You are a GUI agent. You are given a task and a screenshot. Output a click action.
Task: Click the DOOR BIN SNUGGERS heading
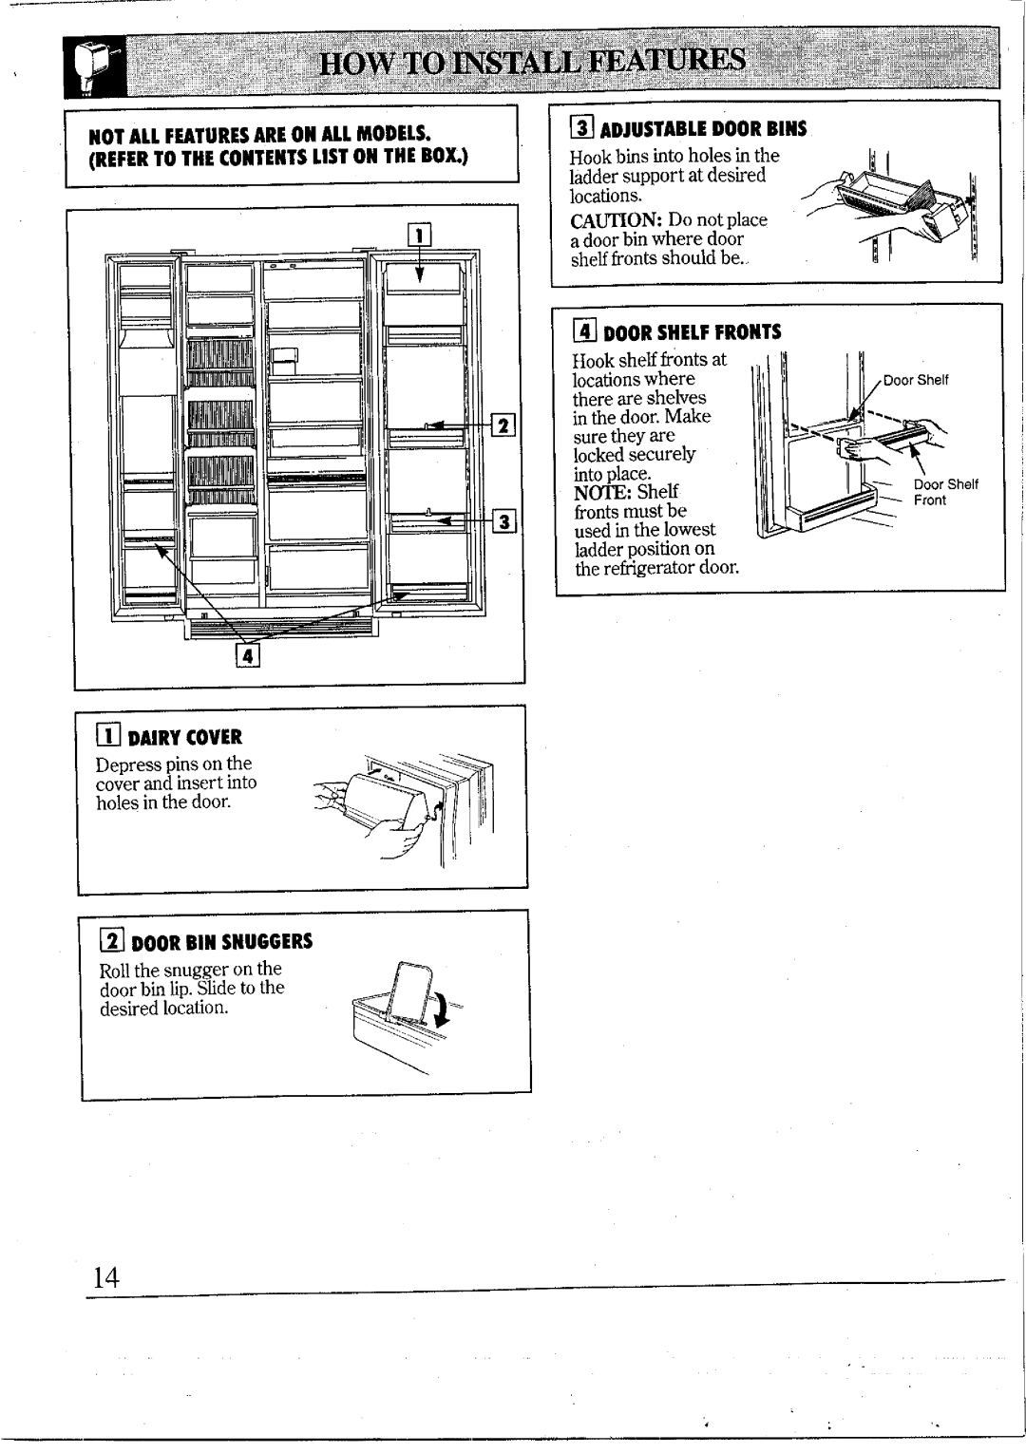click(221, 943)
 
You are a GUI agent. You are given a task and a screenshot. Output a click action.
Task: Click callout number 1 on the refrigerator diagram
click(419, 234)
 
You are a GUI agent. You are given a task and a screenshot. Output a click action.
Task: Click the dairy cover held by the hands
click(384, 806)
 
